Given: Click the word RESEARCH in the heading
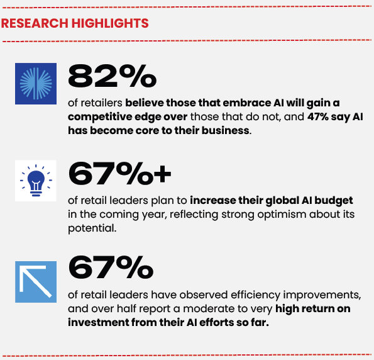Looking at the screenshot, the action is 35,23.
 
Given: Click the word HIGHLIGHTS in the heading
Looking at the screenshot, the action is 110,23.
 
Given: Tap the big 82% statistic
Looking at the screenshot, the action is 112,76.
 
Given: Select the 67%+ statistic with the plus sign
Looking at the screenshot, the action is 119,174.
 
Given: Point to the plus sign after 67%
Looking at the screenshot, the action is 162,174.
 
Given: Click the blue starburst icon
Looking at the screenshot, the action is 36,84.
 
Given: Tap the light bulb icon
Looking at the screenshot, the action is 36,181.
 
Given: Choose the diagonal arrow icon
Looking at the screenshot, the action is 36,282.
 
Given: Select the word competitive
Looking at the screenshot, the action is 100,117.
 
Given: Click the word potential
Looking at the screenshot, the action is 92,228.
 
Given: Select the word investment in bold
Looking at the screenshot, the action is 98,323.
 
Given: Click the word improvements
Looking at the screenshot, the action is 322,295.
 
